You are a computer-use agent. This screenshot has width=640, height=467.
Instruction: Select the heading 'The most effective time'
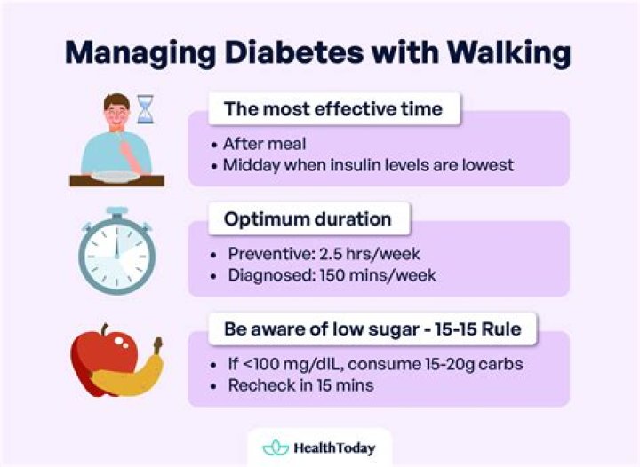click(332, 109)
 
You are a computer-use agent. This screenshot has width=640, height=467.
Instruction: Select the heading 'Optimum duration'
click(306, 219)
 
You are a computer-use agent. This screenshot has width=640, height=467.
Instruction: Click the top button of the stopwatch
click(116, 213)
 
